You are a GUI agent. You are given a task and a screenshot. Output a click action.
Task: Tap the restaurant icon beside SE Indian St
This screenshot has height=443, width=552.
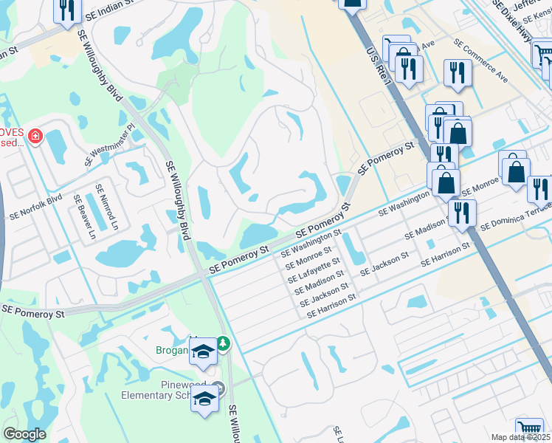67,10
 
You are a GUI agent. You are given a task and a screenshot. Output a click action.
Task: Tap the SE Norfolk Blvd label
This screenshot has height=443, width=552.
35,208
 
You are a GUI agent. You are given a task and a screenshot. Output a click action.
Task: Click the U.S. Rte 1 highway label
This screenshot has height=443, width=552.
377,66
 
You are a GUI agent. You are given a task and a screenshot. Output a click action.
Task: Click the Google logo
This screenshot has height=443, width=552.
24,434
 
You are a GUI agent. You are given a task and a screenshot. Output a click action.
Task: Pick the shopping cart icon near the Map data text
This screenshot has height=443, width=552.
528,427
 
